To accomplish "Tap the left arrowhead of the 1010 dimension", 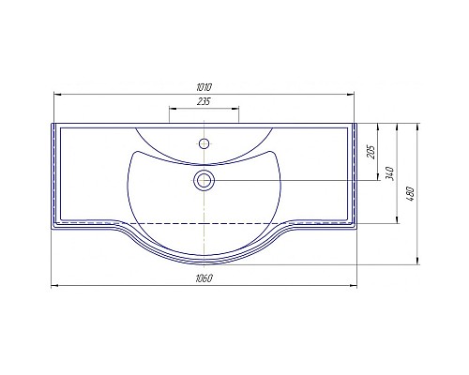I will (56, 93).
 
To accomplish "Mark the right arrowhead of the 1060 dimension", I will (357, 285).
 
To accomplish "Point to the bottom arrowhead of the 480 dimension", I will (416, 262).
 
